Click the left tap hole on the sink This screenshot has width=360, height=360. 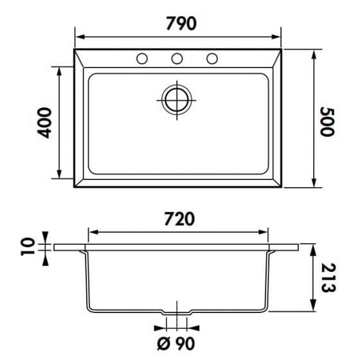point(142,59)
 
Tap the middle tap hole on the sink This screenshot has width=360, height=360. point(177,59)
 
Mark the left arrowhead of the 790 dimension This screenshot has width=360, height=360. point(78,36)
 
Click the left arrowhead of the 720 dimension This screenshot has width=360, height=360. point(91,231)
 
